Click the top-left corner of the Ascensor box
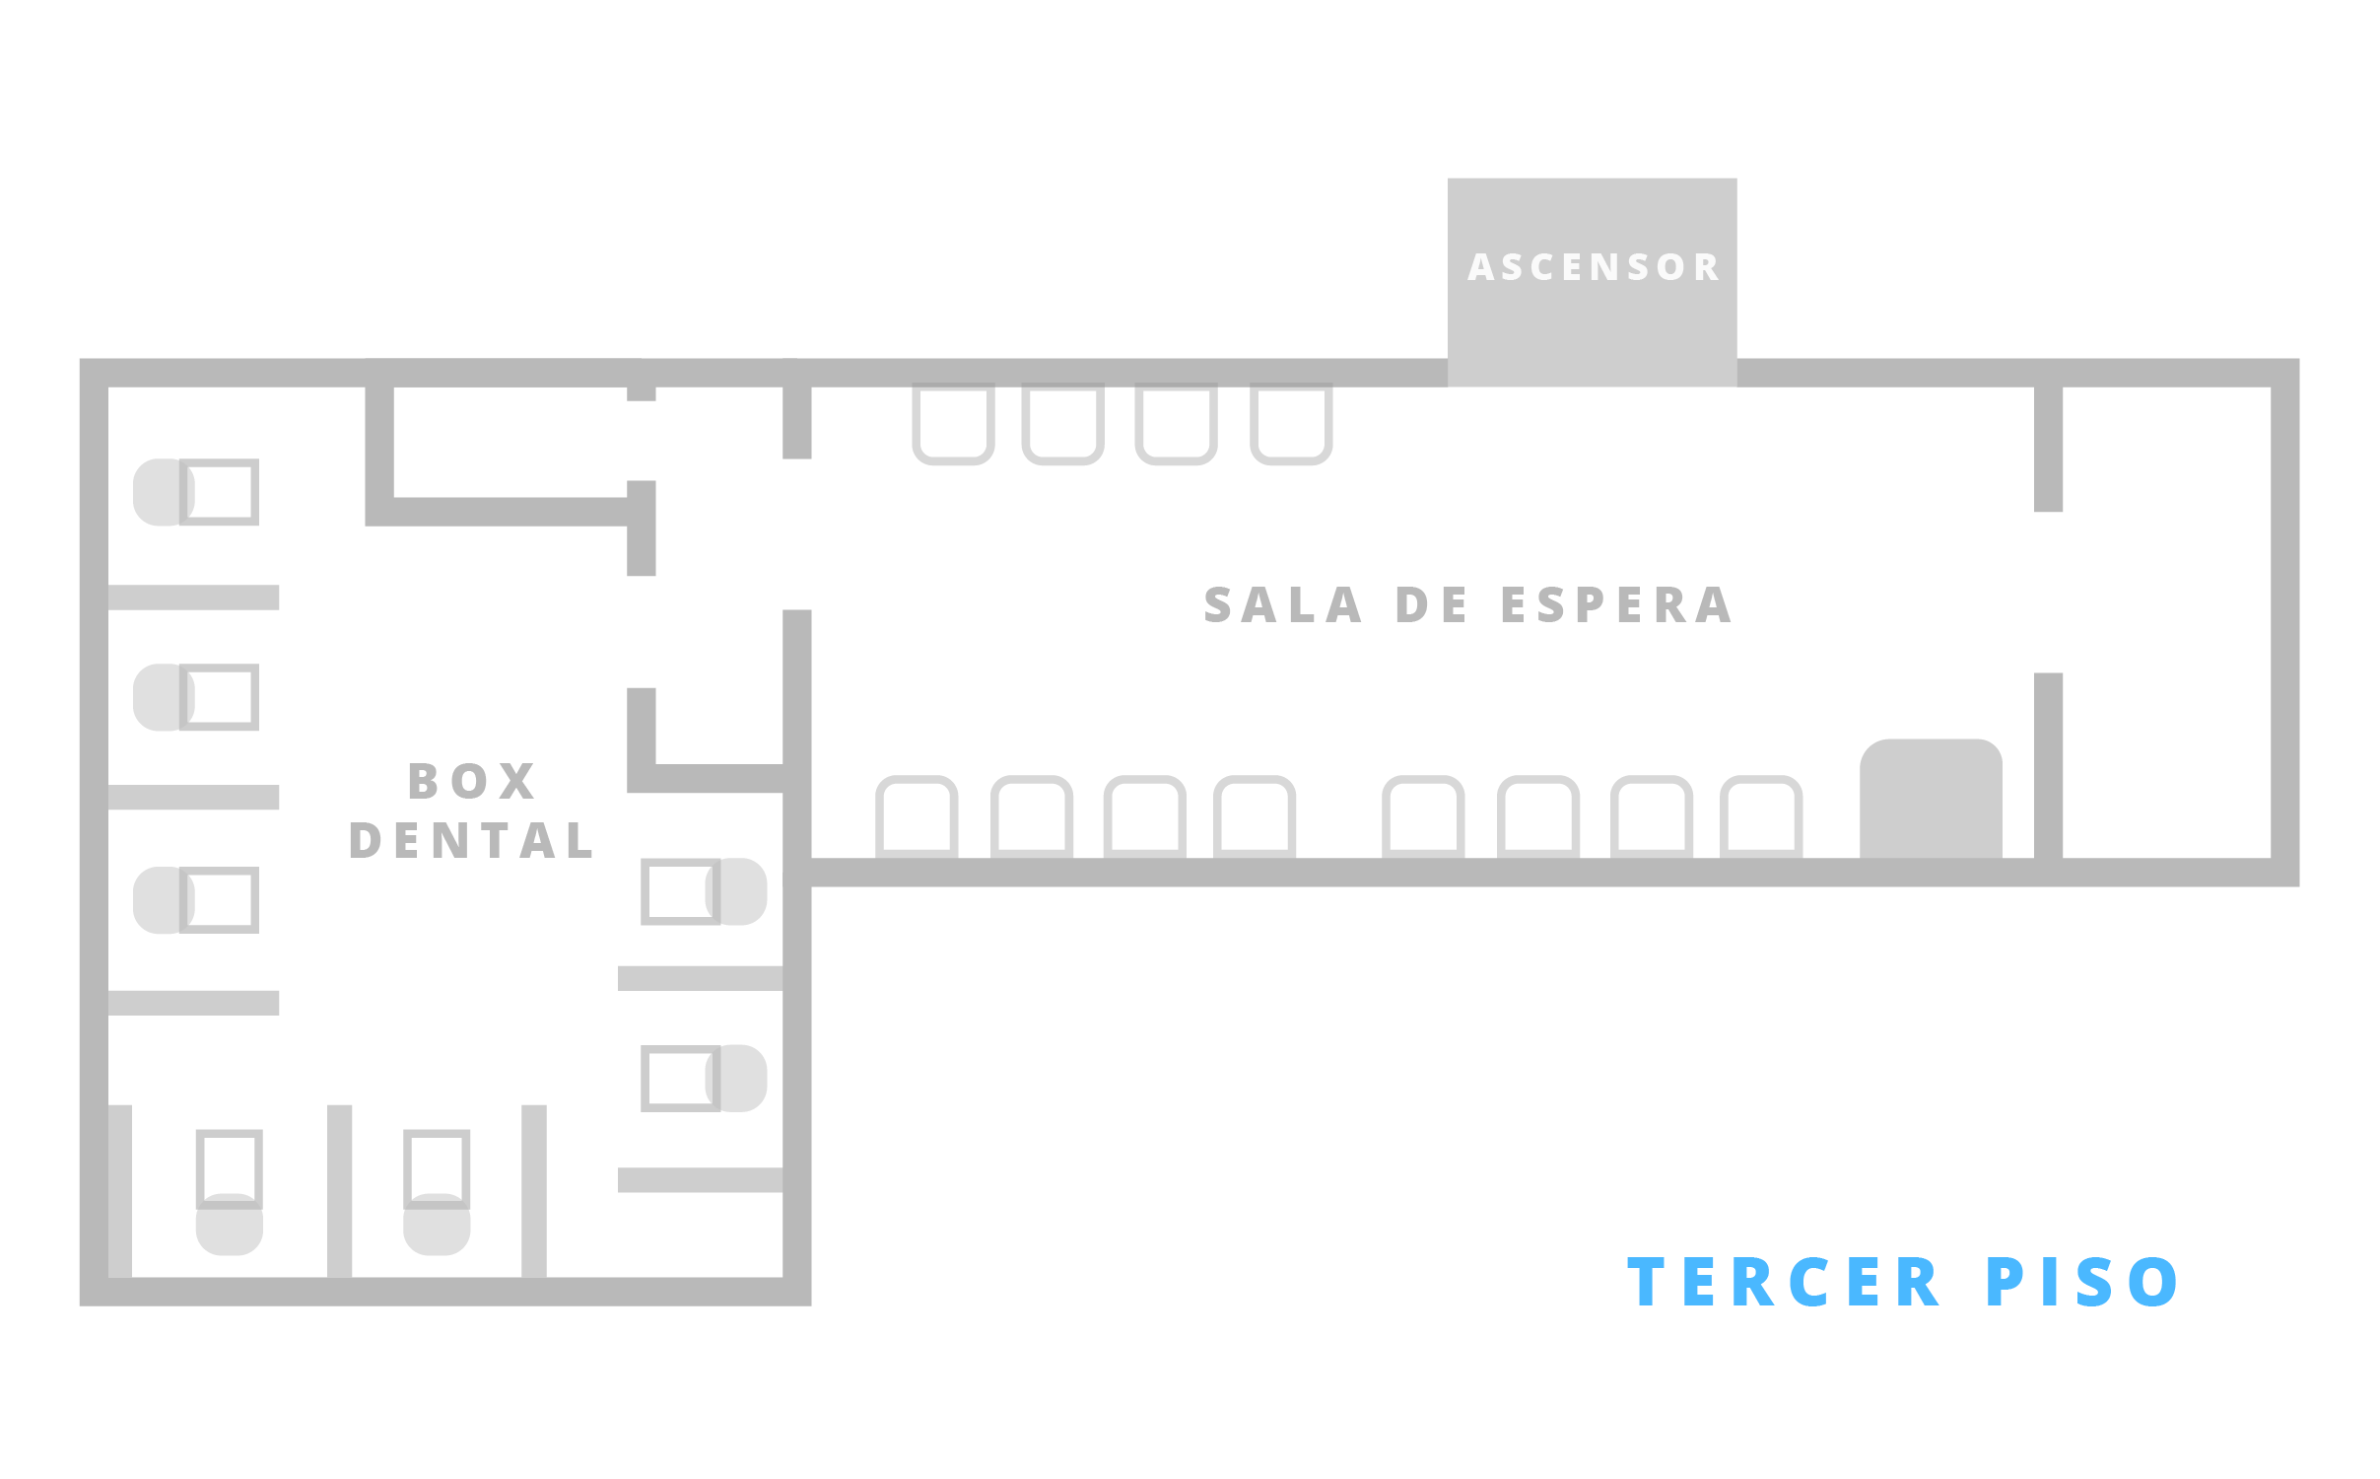pyautogui.click(x=1448, y=178)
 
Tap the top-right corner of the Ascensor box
pyautogui.click(x=1737, y=178)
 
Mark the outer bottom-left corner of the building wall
pyautogui.click(x=80, y=1306)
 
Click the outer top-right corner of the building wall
pyautogui.click(x=2300, y=359)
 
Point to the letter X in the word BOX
pyautogui.click(x=517, y=782)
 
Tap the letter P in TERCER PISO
pyautogui.click(x=2005, y=1282)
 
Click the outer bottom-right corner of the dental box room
pyautogui.click(x=811, y=1306)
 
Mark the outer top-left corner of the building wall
pyautogui.click(x=80, y=359)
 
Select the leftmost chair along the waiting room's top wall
pyautogui.click(x=953, y=423)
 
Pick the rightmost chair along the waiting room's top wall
pyautogui.click(x=1291, y=423)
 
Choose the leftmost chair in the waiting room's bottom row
pyautogui.click(x=917, y=816)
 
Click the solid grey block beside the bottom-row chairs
pyautogui.click(x=1931, y=799)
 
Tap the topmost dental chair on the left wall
pyautogui.click(x=196, y=492)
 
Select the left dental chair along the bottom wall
pyautogui.click(x=230, y=1192)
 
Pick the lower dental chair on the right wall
pyautogui.click(x=704, y=1078)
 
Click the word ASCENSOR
pyautogui.click(x=1594, y=267)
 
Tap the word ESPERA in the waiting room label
pyautogui.click(x=1616, y=605)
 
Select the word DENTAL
pyautogui.click(x=472, y=841)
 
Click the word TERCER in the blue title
pyautogui.click(x=1784, y=1282)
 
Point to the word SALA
pyautogui.click(x=1284, y=605)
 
